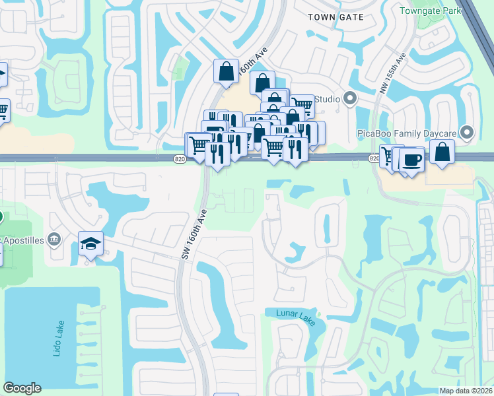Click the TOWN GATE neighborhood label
pyautogui.click(x=336, y=17)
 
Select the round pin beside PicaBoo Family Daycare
pyautogui.click(x=468, y=133)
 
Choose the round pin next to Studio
pyautogui.click(x=350, y=100)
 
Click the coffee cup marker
pyautogui.click(x=411, y=160)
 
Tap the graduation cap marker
pyautogui.click(x=90, y=244)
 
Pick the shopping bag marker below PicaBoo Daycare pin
pyautogui.click(x=442, y=151)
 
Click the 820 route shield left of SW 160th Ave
pyautogui.click(x=180, y=158)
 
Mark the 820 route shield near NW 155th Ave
pyautogui.click(x=374, y=158)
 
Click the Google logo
pyautogui.click(x=22, y=388)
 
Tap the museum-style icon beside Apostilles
pyautogui.click(x=55, y=239)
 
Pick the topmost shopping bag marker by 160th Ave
pyautogui.click(x=226, y=71)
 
